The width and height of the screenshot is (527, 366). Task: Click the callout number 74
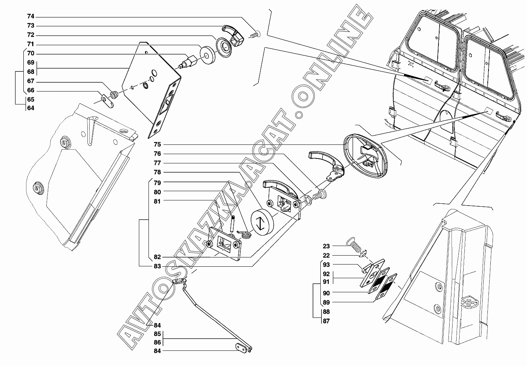coord(31,17)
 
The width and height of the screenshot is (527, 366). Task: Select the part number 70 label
coord(31,53)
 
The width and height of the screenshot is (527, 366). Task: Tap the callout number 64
coord(31,108)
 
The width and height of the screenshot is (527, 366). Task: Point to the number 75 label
coord(157,144)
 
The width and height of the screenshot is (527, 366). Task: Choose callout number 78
coord(157,173)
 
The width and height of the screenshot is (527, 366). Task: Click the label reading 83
coord(157,266)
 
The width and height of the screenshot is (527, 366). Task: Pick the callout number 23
coord(326,246)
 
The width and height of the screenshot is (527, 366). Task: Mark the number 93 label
coord(326,265)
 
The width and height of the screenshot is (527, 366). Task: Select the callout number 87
coord(326,321)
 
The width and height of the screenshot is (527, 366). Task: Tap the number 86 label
coord(157,343)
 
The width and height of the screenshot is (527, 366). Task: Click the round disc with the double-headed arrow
coord(262,222)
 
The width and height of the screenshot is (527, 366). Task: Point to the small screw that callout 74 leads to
coord(255,35)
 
